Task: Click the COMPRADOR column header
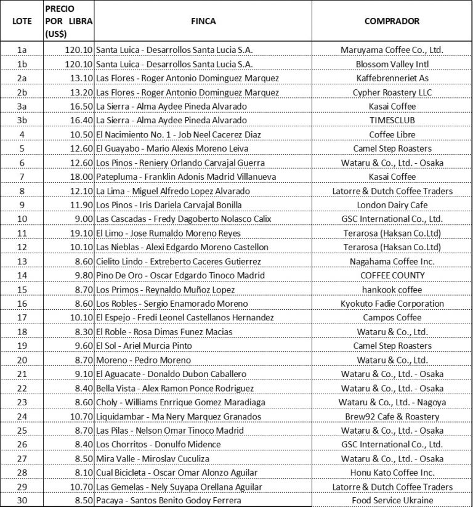392,21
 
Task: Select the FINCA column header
203,21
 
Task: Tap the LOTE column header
22,21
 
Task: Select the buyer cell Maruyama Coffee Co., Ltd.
392,49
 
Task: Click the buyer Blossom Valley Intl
392,63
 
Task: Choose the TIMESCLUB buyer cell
392,120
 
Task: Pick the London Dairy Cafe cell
392,205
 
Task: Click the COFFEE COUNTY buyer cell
392,275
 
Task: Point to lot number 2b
22,92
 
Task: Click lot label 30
22,500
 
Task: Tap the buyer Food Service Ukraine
392,500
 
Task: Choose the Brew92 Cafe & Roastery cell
392,416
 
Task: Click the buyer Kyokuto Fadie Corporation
392,304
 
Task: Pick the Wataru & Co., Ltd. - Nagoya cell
392,402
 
